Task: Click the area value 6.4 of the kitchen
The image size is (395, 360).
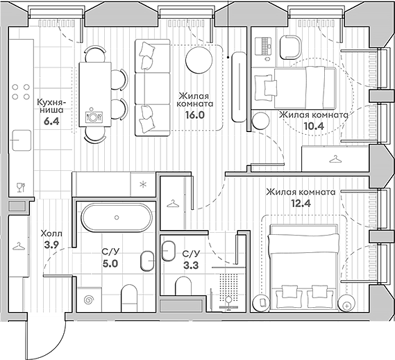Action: coord(51,120)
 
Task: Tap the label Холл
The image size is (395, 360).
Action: coord(51,234)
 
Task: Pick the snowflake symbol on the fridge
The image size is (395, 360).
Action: coord(143,184)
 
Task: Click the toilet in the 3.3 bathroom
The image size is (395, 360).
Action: coord(183,287)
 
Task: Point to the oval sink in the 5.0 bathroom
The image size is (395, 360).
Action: coord(146,261)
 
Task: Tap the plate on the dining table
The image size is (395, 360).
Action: coord(91,116)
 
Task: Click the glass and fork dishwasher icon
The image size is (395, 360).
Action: coord(19,186)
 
